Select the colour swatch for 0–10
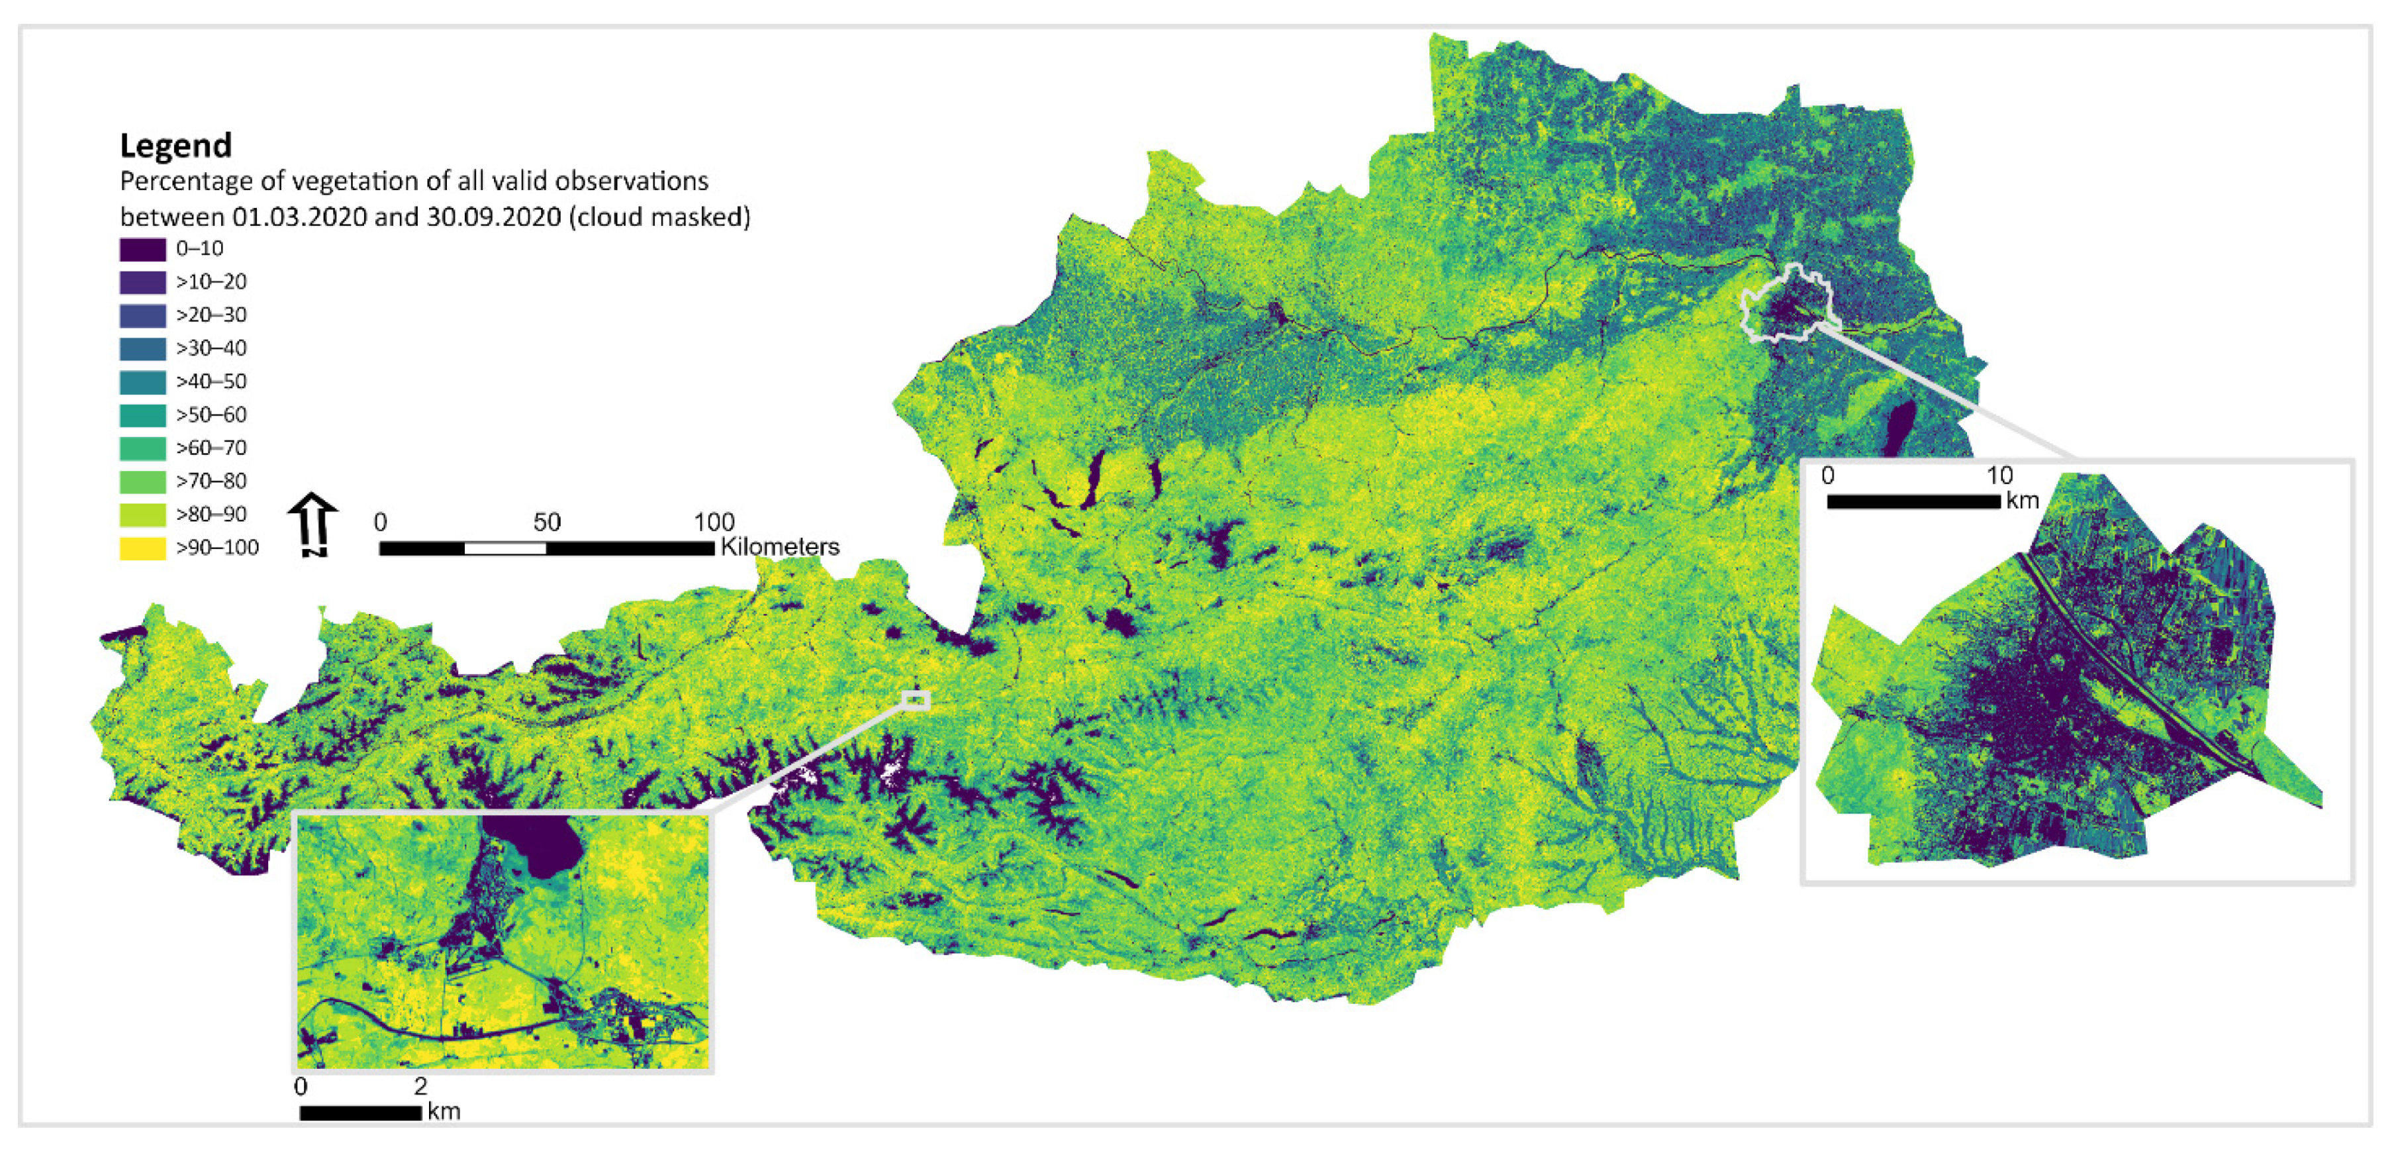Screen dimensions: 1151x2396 (142, 250)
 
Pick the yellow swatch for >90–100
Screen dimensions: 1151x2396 (142, 548)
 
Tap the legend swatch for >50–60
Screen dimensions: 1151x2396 (142, 415)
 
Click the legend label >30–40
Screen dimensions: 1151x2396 (211, 348)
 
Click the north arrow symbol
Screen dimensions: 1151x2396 (312, 524)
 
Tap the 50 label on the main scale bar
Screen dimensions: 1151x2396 (547, 522)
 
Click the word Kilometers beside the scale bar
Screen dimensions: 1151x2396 (779, 547)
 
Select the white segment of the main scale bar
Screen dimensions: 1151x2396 (505, 548)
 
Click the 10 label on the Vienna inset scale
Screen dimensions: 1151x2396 (1999, 475)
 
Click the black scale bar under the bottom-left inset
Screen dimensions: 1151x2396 (361, 1112)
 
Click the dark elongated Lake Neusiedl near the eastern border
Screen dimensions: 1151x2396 (1897, 428)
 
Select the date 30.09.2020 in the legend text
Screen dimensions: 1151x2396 (493, 217)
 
